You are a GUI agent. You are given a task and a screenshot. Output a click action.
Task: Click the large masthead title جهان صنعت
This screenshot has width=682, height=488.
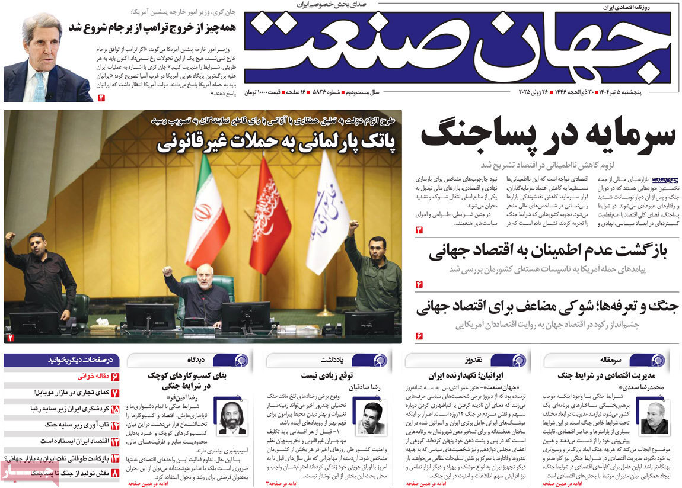pos(457,47)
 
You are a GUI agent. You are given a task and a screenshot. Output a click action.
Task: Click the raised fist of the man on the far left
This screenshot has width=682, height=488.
pos(9,236)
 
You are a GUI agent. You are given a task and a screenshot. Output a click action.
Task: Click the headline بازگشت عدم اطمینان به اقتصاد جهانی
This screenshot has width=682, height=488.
pos(548,252)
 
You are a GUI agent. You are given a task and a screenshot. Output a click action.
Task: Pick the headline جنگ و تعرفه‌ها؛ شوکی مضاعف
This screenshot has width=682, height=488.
pos(549,307)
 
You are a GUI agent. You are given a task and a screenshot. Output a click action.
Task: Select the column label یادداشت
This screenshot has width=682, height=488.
pos(338,360)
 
